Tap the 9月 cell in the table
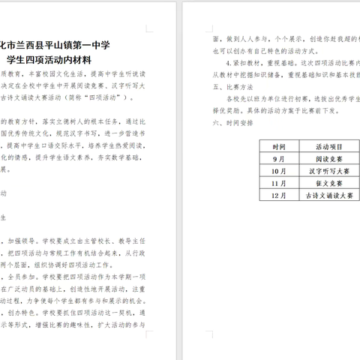pos(279,160)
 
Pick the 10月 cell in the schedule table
pos(279,172)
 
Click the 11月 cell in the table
pos(279,183)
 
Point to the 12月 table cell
pos(279,194)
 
